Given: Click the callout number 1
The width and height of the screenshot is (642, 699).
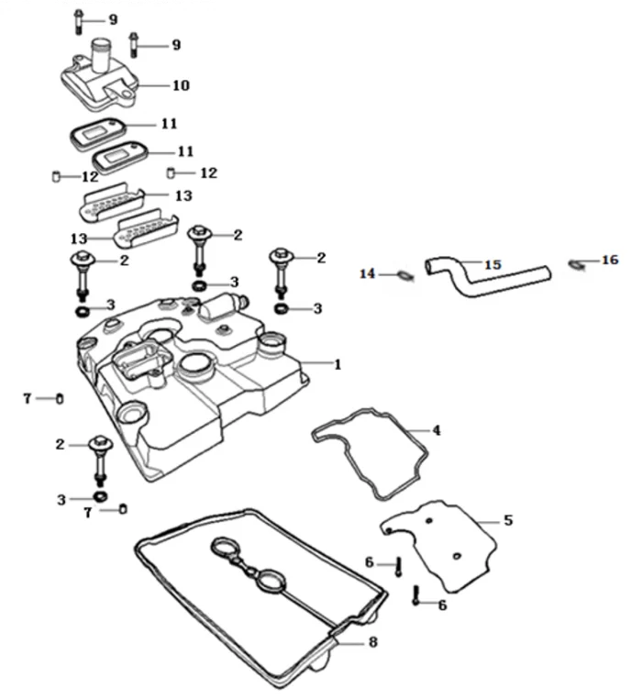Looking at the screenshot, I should pyautogui.click(x=338, y=364).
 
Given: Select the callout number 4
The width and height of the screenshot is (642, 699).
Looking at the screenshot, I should pyautogui.click(x=437, y=429).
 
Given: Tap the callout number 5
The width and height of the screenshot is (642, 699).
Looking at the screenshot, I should pyautogui.click(x=508, y=520).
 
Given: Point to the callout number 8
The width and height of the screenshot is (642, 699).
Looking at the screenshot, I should pyautogui.click(x=372, y=643).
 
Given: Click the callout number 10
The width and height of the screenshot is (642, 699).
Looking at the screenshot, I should pyautogui.click(x=181, y=85).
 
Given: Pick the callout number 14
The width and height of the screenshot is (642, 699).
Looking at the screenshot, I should pyautogui.click(x=368, y=273).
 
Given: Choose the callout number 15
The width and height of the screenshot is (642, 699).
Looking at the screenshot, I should pyautogui.click(x=493, y=265).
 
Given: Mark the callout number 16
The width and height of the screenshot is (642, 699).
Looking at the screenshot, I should pyautogui.click(x=610, y=261).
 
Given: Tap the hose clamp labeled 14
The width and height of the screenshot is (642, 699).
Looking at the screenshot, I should pyautogui.click(x=402, y=274).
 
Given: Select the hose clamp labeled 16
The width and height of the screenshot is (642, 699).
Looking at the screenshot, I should pyautogui.click(x=576, y=265).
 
